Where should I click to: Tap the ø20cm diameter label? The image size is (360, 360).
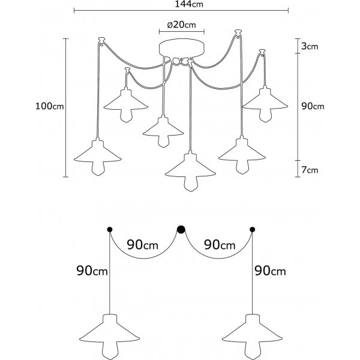click(x=181, y=25)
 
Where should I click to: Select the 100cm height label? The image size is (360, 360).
click(x=50, y=106)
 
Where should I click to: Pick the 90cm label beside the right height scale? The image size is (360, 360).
click(x=313, y=106)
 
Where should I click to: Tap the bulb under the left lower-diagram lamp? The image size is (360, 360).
click(x=109, y=348)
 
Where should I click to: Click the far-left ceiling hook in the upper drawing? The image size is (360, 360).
click(x=101, y=41)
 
